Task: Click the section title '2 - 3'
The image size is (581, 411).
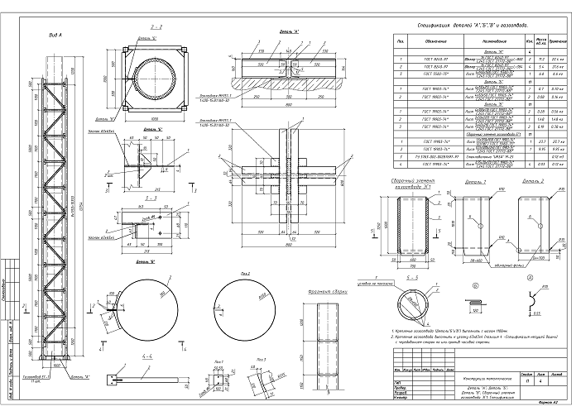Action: [151, 198]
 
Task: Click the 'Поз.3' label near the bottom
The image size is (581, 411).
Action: [262, 360]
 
